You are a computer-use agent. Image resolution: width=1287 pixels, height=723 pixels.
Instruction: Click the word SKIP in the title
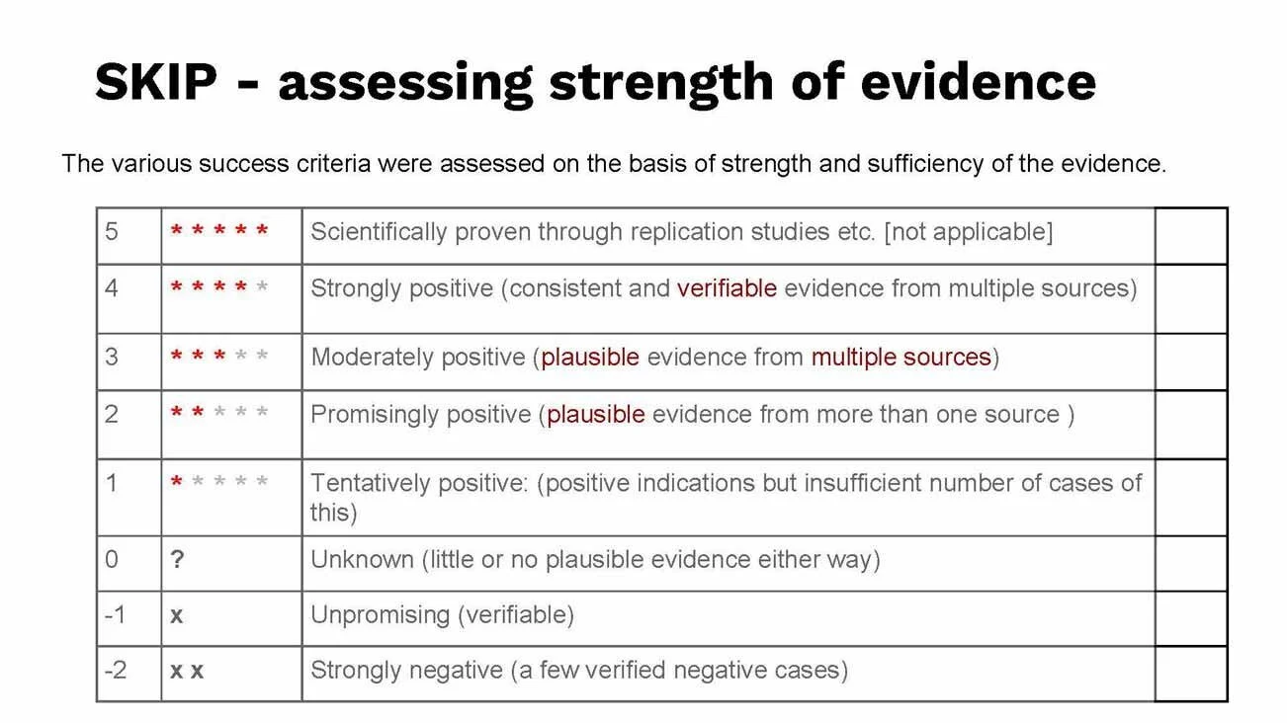coord(156,82)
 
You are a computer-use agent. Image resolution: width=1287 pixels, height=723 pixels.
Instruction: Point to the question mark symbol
coord(177,560)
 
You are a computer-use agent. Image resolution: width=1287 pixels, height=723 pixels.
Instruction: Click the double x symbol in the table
coord(187,672)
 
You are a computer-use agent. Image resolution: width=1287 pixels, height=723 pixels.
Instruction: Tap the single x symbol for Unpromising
coord(176,615)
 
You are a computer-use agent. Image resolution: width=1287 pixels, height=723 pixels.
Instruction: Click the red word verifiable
coord(727,288)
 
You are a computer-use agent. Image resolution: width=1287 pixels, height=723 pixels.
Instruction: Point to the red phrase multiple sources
coord(901,358)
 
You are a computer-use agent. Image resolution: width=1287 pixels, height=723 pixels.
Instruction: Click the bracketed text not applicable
coord(968,233)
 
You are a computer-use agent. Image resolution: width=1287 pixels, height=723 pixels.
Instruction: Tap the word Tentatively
coord(373,484)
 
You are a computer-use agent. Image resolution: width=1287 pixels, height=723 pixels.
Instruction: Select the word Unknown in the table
coord(362,560)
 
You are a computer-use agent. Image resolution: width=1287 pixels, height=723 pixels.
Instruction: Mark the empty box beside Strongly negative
coord(1191,673)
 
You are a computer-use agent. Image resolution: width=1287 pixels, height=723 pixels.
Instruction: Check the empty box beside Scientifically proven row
coord(1191,235)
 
